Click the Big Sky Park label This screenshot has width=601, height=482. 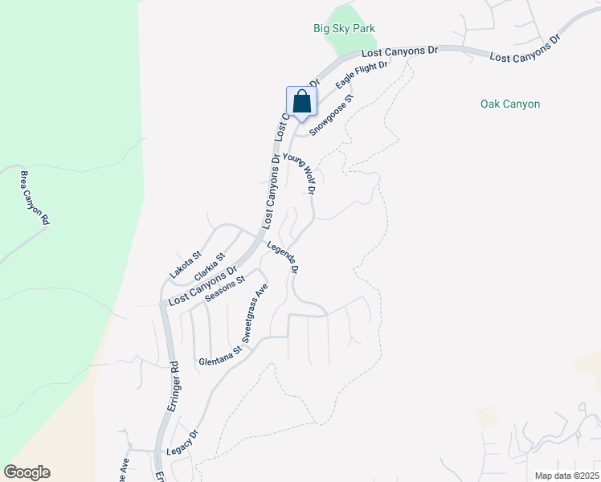tap(344, 28)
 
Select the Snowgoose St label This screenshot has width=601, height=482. tap(332, 116)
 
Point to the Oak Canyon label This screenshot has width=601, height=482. tap(509, 104)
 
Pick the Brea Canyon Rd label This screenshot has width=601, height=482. tap(35, 198)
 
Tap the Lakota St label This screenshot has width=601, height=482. tap(184, 264)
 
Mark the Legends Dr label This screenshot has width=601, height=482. tap(284, 259)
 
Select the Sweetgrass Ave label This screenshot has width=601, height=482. tap(256, 312)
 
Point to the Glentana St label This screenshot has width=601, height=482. tap(220, 357)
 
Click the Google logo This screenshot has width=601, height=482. tap(27, 472)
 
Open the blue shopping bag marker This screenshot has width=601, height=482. tap(301, 102)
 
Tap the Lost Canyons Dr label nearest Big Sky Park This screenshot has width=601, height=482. tap(399, 51)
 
